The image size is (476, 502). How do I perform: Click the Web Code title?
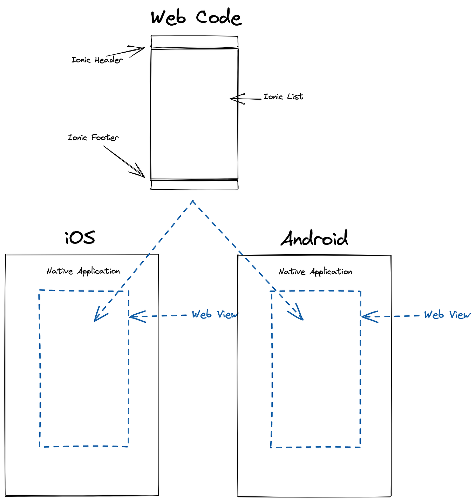tap(196, 18)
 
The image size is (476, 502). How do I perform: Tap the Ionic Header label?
tap(97, 60)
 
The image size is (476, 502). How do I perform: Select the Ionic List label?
tap(283, 97)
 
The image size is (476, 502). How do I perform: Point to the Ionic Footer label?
tap(93, 138)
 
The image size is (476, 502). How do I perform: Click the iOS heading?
tap(80, 238)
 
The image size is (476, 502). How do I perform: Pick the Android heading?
tap(314, 239)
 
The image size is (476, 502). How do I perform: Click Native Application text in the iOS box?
tap(83, 271)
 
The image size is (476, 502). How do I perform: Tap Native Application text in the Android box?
tap(315, 272)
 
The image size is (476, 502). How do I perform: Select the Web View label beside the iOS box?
tap(215, 315)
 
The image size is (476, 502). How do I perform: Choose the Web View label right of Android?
tap(447, 315)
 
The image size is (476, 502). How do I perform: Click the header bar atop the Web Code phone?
tap(195, 42)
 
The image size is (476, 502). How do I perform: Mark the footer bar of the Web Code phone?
tap(195, 185)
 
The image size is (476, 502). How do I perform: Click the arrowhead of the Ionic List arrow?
tap(233, 99)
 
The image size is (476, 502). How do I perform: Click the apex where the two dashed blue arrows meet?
tap(193, 201)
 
